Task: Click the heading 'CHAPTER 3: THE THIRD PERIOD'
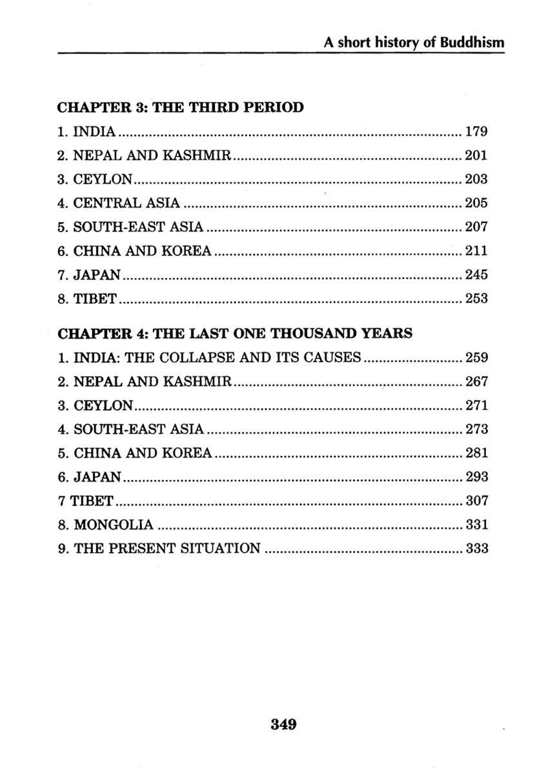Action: [181, 107]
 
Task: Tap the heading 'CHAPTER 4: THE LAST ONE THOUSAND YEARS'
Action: [235, 333]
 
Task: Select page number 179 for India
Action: [476, 132]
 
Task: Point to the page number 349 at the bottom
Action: [283, 724]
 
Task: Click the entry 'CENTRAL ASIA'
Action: [126, 203]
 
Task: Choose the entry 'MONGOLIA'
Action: [114, 524]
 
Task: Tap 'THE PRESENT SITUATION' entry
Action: [167, 548]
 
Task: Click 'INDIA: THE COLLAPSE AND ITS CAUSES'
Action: [217, 357]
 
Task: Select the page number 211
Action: [476, 251]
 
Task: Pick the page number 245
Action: [476, 275]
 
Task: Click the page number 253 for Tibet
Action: [476, 299]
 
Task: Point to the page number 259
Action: [476, 357]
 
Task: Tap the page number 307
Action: [476, 501]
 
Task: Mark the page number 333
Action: [476, 548]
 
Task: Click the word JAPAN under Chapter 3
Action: [97, 275]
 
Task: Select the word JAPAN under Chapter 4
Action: [97, 477]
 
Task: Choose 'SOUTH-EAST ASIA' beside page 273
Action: [139, 429]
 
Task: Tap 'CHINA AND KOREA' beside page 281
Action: [143, 453]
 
